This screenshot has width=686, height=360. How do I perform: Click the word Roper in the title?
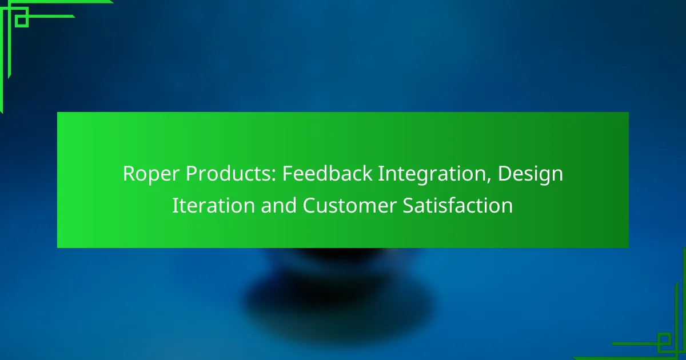151,174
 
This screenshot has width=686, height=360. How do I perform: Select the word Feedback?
327,173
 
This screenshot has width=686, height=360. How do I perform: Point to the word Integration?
432,174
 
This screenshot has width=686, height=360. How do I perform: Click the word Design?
531,174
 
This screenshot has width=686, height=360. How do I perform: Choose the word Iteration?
213,205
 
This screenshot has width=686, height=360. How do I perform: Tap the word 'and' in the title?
279,205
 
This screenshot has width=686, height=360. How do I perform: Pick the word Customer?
349,205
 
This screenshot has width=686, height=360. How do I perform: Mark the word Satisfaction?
457,205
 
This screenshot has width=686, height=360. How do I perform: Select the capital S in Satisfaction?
408,205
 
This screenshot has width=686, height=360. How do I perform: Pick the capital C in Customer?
309,205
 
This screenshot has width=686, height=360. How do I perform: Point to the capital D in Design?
505,174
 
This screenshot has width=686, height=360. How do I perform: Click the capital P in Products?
192,174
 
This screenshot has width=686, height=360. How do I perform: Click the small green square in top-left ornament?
22,21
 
